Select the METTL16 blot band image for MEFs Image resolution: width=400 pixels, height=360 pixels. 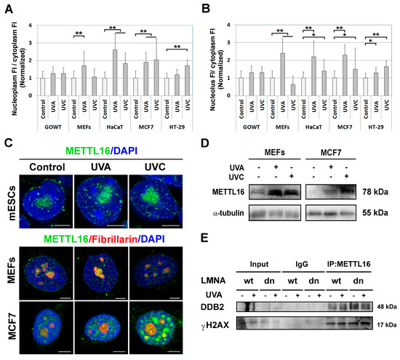coord(273,193)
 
